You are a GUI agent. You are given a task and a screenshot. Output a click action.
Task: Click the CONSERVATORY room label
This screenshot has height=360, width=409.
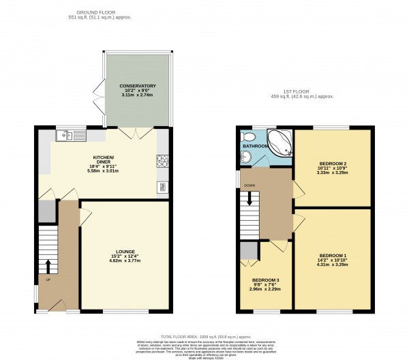138,86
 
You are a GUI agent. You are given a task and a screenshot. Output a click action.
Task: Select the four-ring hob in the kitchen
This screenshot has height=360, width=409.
163,161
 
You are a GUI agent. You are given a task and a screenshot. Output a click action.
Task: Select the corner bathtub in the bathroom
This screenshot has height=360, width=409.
279,143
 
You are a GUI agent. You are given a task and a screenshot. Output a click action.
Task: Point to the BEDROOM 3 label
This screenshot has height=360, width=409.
265,280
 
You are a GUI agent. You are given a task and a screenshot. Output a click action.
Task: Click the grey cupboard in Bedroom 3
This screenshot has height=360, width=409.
248,251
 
